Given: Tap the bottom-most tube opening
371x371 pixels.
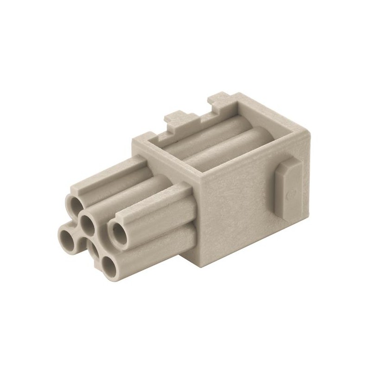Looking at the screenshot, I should (x=109, y=267).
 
